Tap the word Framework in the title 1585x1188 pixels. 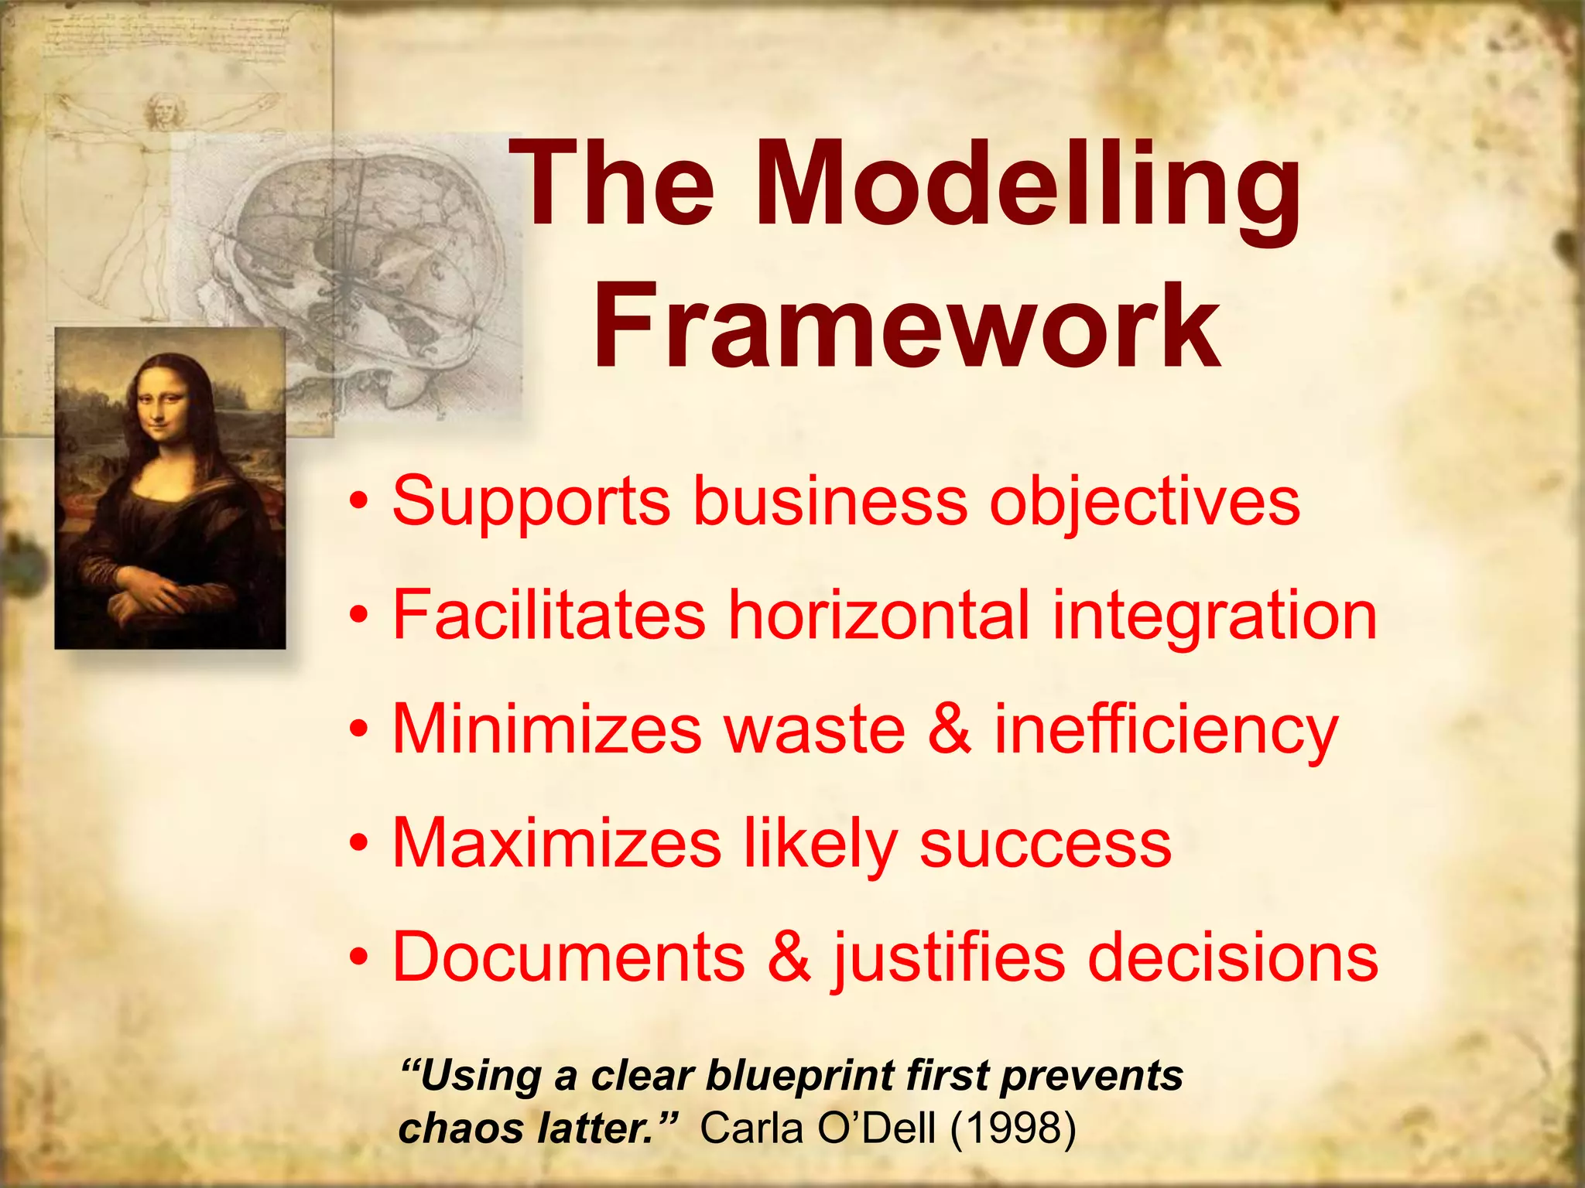click(x=905, y=326)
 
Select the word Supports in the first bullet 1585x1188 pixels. click(x=531, y=502)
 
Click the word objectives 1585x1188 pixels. click(x=1145, y=502)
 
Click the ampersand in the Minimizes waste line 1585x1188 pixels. click(x=949, y=729)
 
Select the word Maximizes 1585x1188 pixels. click(x=556, y=842)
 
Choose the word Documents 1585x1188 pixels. click(x=568, y=957)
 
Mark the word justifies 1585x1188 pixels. click(x=949, y=958)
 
